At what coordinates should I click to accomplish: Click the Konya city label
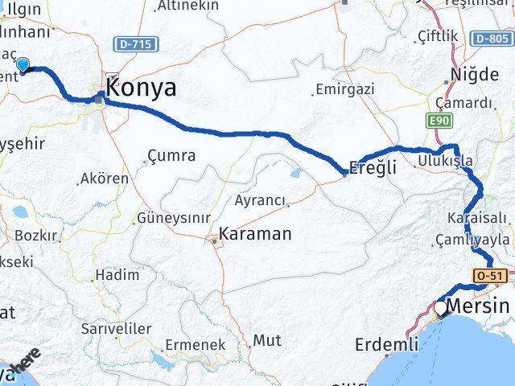(142, 88)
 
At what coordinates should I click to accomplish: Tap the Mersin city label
(477, 306)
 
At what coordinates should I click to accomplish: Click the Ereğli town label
(372, 170)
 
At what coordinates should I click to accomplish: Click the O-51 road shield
(490, 276)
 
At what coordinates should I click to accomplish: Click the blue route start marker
(23, 66)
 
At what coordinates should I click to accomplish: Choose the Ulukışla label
(445, 161)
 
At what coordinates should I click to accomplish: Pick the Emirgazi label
(345, 89)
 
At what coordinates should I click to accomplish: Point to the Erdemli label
(387, 345)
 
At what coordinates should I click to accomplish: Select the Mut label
(267, 340)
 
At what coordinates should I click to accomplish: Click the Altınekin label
(188, 6)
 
